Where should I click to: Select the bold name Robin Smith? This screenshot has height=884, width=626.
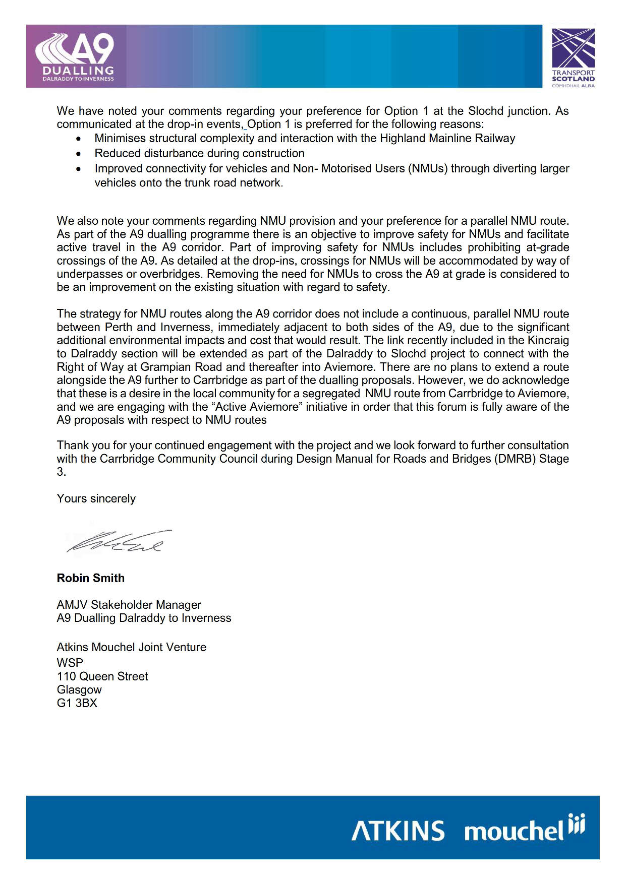pos(91,578)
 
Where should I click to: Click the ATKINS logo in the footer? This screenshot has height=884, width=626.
pos(398,831)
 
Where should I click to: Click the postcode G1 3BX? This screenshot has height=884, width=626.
pos(77,703)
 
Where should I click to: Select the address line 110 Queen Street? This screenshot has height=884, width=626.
pos(102,676)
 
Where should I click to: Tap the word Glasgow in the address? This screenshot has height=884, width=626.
pos(79,689)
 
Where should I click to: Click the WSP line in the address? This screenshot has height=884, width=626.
pos(70,663)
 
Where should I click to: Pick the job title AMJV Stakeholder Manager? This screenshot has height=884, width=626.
pos(129,605)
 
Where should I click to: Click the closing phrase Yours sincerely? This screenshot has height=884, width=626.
pos(96,498)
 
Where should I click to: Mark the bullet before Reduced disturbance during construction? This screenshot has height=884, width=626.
pos(78,154)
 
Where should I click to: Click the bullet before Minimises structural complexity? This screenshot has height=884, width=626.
pos(78,139)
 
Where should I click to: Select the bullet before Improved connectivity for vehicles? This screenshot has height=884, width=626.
pos(78,169)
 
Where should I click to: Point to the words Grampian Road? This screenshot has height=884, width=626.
pos(174,367)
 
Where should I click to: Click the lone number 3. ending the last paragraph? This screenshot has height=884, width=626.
pos(61,472)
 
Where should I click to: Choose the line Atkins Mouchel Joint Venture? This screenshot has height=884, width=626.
pos(132,647)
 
